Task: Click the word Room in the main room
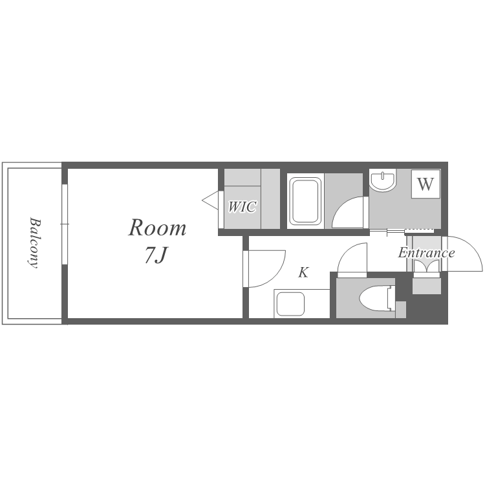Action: (x=157, y=228)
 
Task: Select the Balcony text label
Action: (x=34, y=242)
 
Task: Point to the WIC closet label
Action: (x=242, y=207)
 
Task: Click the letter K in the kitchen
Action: (x=303, y=272)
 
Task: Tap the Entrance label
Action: (x=426, y=253)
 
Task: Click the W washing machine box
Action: (x=426, y=184)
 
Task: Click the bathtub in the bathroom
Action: (x=305, y=201)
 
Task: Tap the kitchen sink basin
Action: (x=290, y=304)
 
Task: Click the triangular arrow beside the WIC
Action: (x=210, y=200)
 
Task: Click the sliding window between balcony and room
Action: (x=65, y=224)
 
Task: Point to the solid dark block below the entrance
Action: (x=429, y=308)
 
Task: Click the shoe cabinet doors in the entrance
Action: (x=427, y=266)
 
